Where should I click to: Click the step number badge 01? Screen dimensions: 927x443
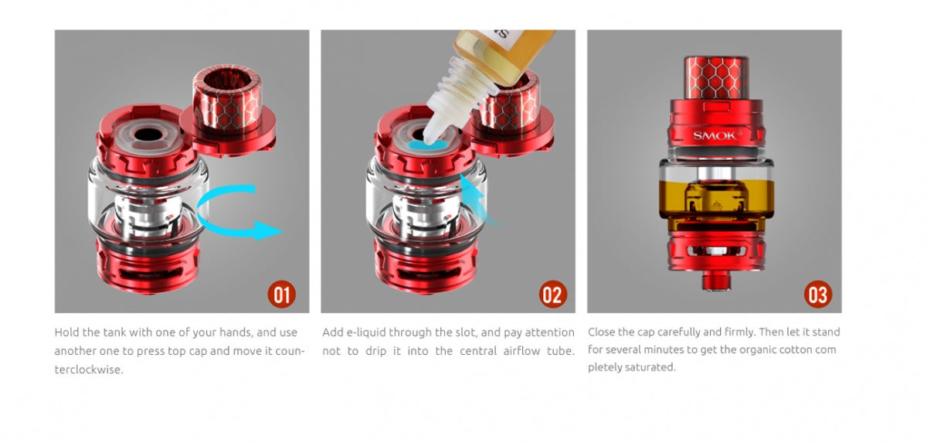click(281, 295)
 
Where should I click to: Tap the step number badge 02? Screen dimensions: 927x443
click(552, 295)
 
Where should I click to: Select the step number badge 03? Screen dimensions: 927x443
click(818, 295)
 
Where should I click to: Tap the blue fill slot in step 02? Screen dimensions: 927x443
click(427, 145)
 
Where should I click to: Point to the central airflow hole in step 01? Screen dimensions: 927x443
click(148, 135)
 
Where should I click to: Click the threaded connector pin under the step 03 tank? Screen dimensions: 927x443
click(716, 281)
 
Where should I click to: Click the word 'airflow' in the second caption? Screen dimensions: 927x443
click(521, 351)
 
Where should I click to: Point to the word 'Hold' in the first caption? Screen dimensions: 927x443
click(66, 332)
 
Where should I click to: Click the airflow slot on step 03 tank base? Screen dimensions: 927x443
click(716, 251)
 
